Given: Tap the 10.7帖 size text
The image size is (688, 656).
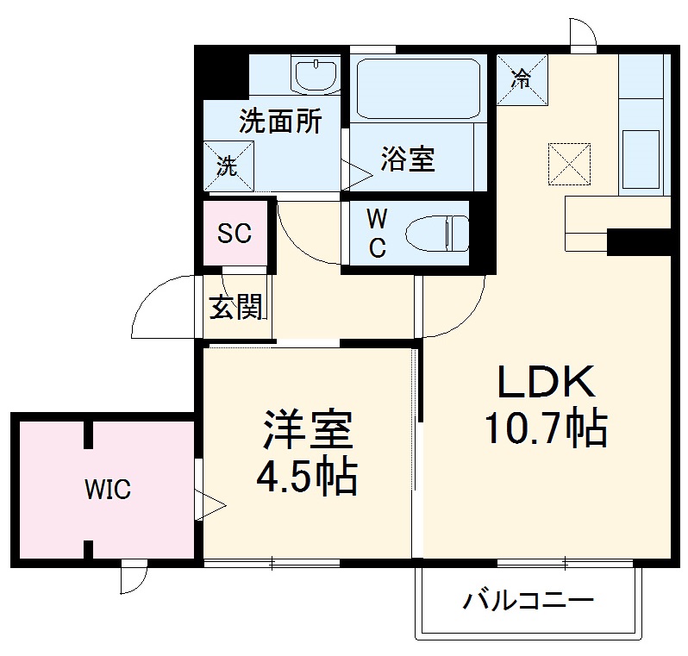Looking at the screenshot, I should coord(544,428).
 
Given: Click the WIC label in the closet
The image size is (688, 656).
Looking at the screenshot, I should coord(108,490).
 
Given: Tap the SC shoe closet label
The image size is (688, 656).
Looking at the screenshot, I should coord(234,233).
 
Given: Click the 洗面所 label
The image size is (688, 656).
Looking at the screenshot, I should coord(280,122).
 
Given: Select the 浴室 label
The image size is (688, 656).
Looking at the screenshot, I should coord(408,159).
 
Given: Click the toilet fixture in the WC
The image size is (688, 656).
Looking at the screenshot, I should coord(437,234).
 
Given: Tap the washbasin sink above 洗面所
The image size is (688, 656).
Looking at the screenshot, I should coord(316,76).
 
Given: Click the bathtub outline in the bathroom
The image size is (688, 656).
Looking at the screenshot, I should coord(418,90).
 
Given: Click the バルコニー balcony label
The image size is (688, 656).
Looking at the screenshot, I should coord(529,599).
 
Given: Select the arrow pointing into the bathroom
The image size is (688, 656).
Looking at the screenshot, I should coord(357,172).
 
